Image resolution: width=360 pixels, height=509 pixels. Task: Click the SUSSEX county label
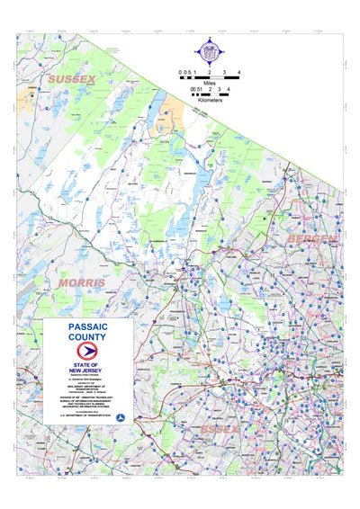[x=72, y=80]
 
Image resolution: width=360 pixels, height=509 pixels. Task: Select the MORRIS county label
[x=82, y=282]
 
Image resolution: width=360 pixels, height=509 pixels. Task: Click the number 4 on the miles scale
[x=238, y=70]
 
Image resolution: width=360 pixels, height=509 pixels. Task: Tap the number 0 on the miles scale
[x=179, y=70]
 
